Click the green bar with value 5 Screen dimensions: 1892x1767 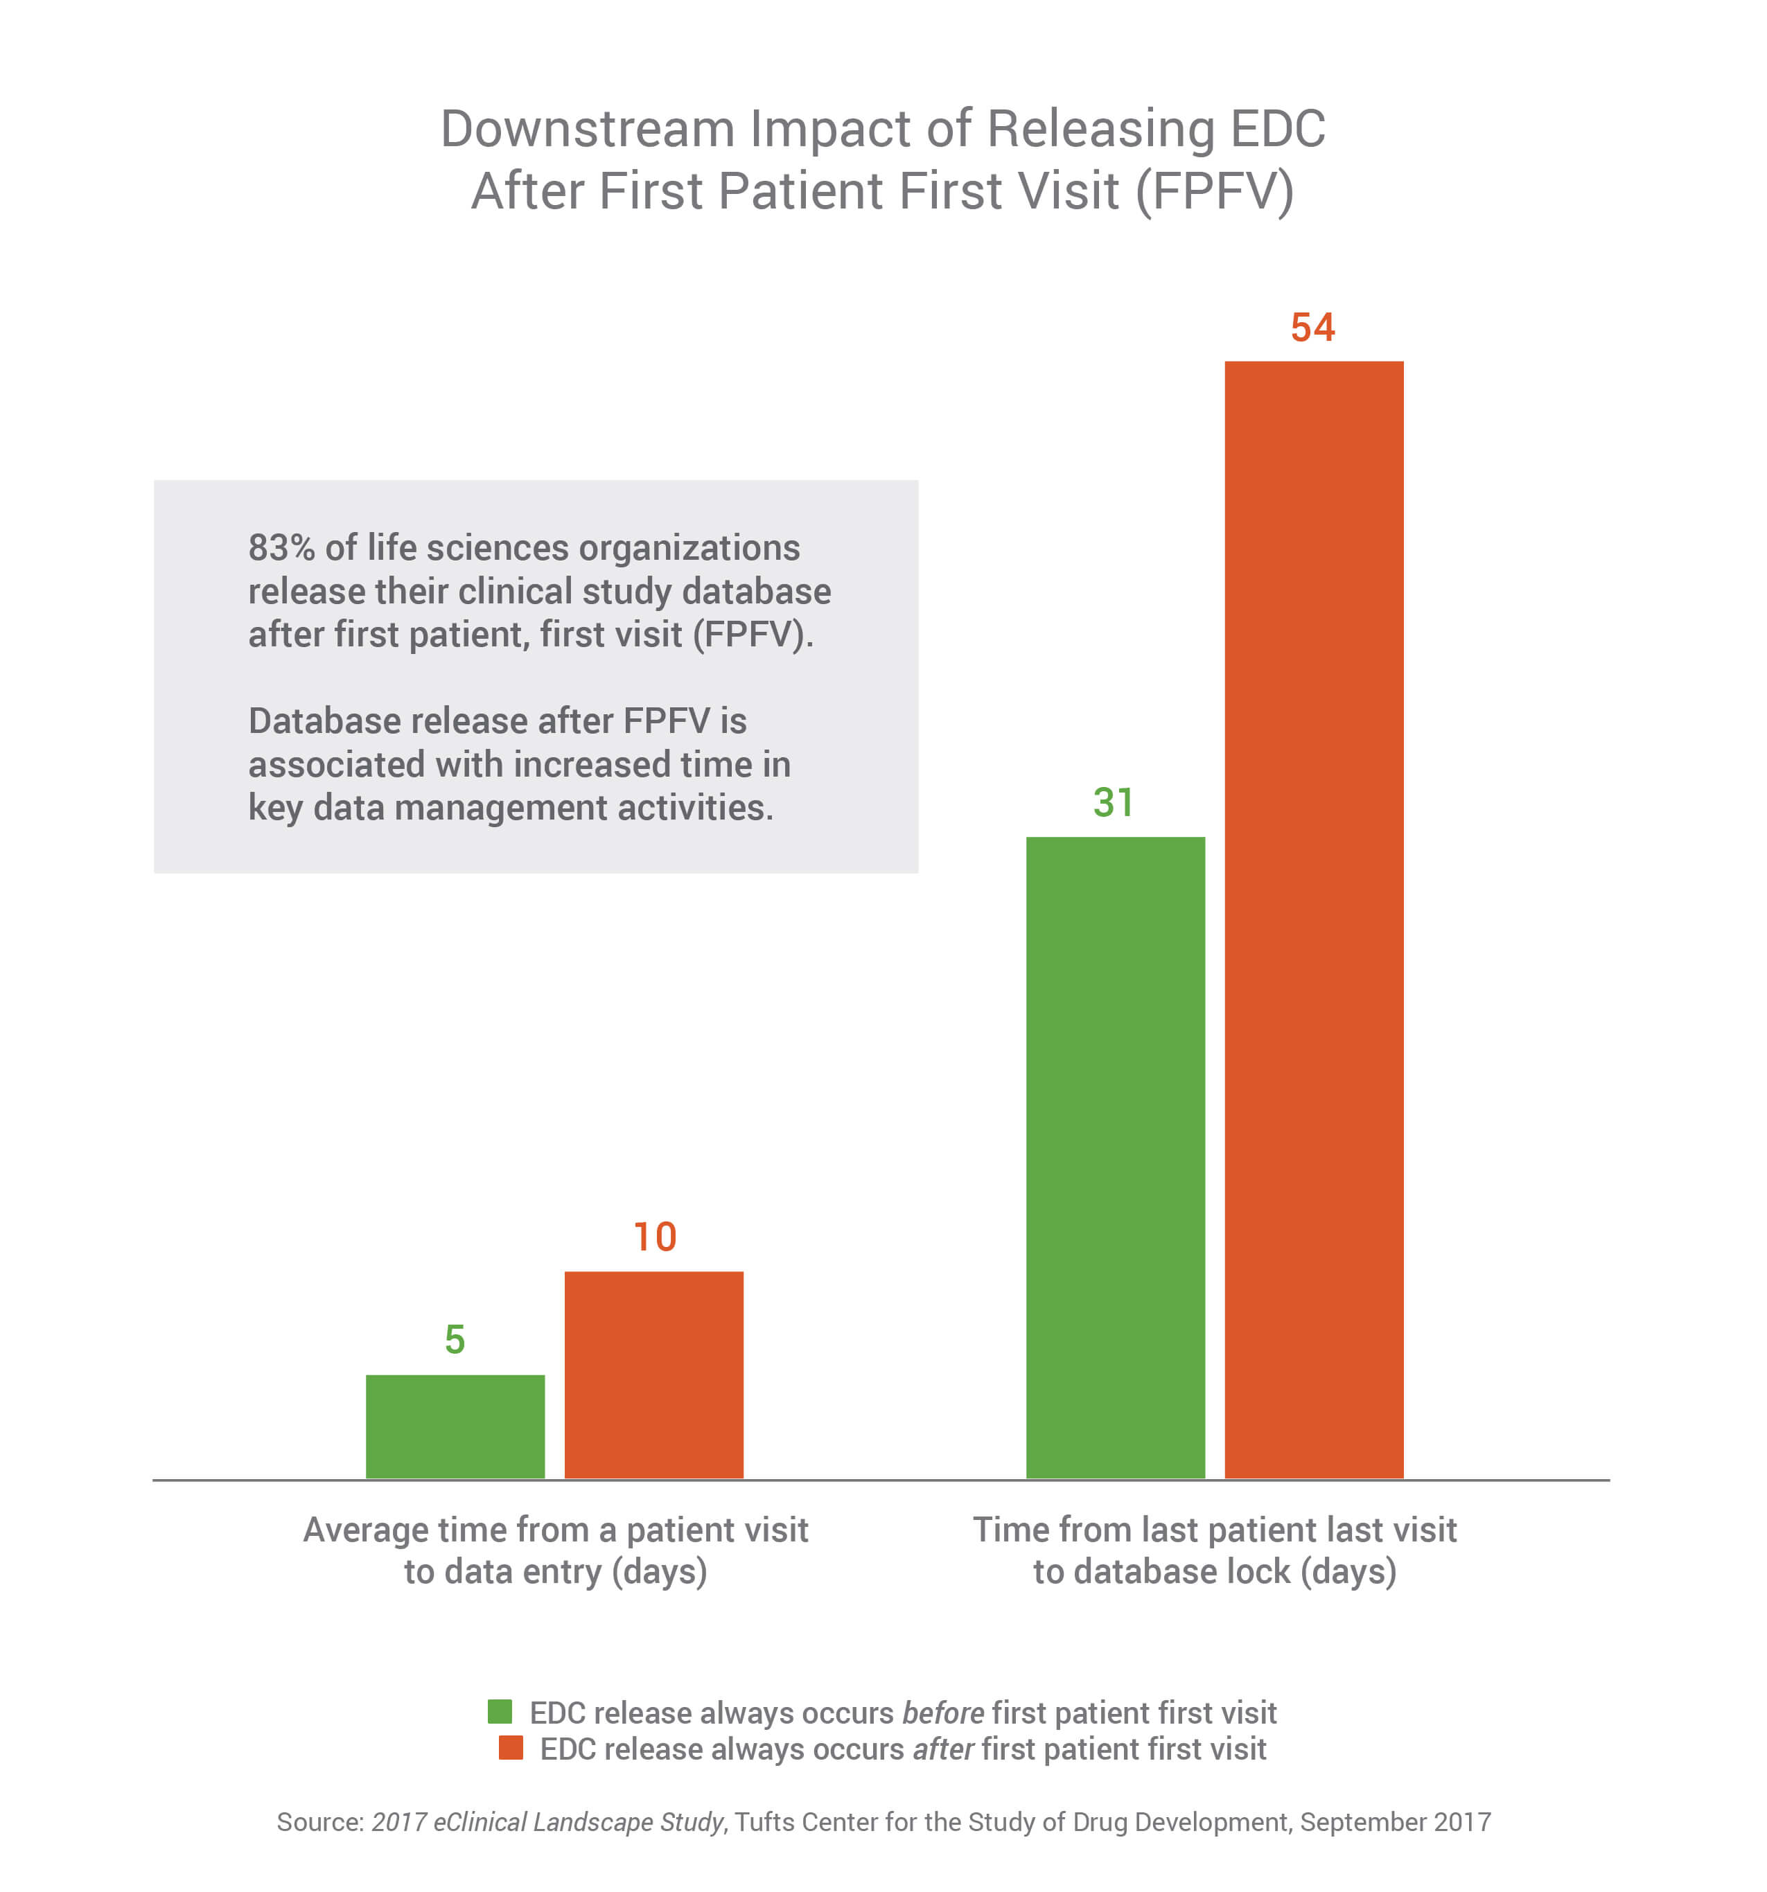[455, 1426]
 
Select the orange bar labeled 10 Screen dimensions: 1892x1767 [653, 1374]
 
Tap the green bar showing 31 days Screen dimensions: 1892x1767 [1115, 1156]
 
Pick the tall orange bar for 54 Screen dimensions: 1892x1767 [1313, 919]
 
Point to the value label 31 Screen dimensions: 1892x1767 [1113, 802]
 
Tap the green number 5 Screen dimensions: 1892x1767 [455, 1340]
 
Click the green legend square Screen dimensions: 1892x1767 [500, 1712]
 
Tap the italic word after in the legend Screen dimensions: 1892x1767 [942, 1749]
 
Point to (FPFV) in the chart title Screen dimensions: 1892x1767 [1214, 191]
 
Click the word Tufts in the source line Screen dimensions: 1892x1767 [759, 1821]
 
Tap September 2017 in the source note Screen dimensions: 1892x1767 [1395, 1821]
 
